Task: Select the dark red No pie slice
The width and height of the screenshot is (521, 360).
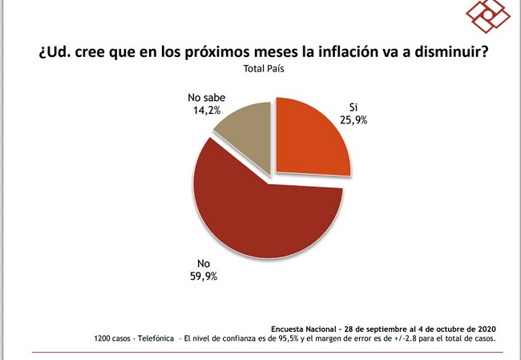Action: tap(262, 212)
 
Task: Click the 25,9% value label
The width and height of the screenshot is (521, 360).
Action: tap(353, 120)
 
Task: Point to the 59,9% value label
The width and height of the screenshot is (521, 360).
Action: tap(204, 277)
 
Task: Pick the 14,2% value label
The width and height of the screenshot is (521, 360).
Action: tap(207, 111)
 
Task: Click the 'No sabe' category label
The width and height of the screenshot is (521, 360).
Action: tap(206, 98)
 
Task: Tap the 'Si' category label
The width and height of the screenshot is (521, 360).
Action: tap(353, 107)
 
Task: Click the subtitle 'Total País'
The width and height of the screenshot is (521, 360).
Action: tap(264, 68)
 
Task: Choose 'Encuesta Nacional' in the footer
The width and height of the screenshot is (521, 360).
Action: tap(303, 329)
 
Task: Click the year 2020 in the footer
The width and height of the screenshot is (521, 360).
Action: tap(487, 329)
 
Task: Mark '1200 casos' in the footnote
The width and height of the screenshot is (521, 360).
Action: tap(112, 338)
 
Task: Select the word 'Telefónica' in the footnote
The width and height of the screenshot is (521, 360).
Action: tap(155, 338)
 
